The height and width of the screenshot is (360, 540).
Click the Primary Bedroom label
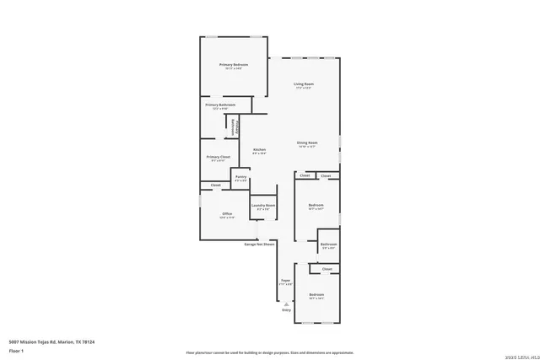pos(234,65)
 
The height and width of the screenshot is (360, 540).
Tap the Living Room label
pos(304,84)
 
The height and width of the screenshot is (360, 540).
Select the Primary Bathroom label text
pos(219,105)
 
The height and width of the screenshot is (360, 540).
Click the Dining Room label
pos(306,142)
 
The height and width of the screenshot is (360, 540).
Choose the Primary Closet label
pos(219,157)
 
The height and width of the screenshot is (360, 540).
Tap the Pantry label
pos(240,178)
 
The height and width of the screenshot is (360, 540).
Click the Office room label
pos(227,214)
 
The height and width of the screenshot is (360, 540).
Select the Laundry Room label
pos(262,207)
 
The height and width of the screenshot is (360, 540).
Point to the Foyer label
pos(285,281)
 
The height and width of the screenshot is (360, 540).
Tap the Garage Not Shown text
pos(259,244)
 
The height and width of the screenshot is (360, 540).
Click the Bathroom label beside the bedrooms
pos(328,244)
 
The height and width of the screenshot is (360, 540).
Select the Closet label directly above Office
pos(215,185)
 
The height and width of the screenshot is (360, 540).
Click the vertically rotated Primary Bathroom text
pos(237,126)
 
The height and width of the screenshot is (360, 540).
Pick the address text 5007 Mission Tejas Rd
pos(51,341)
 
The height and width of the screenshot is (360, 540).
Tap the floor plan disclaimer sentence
pos(269,352)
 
